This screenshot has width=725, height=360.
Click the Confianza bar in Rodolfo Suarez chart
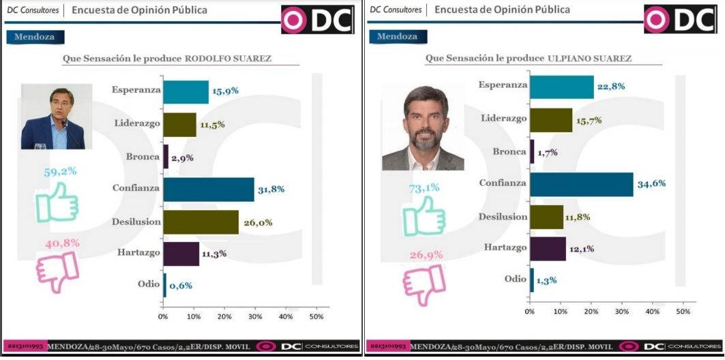tap(209, 190)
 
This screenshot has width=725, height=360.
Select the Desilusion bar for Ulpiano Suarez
tap(547, 217)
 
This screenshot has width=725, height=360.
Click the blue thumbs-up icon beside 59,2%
tap(57, 202)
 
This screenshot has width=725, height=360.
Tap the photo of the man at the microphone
tap(57, 117)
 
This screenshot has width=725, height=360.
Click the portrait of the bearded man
tap(423, 127)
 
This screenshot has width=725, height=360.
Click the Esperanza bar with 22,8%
tap(562, 86)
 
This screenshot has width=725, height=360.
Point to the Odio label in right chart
tap(515, 279)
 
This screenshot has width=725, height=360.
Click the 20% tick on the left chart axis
tap(224, 316)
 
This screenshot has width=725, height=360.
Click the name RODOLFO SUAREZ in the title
tap(228, 59)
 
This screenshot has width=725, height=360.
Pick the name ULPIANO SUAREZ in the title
tap(589, 59)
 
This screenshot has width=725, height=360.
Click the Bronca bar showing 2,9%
tap(166, 157)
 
